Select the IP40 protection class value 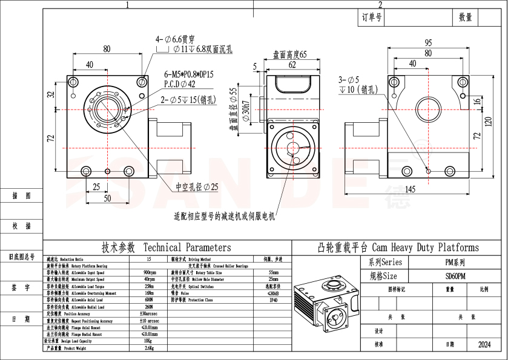tap(274, 299)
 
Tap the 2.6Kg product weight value tap(149, 349)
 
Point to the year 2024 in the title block tap(484, 344)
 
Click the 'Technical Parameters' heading tap(166, 247)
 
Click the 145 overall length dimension tap(410, 189)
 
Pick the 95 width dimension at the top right tap(427, 43)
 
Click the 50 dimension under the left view tap(107, 198)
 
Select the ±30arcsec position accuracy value tap(149, 313)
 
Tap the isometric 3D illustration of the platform tap(325, 304)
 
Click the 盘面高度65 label tap(290, 54)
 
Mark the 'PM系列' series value tap(455, 263)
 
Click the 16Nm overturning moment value tap(149, 293)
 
